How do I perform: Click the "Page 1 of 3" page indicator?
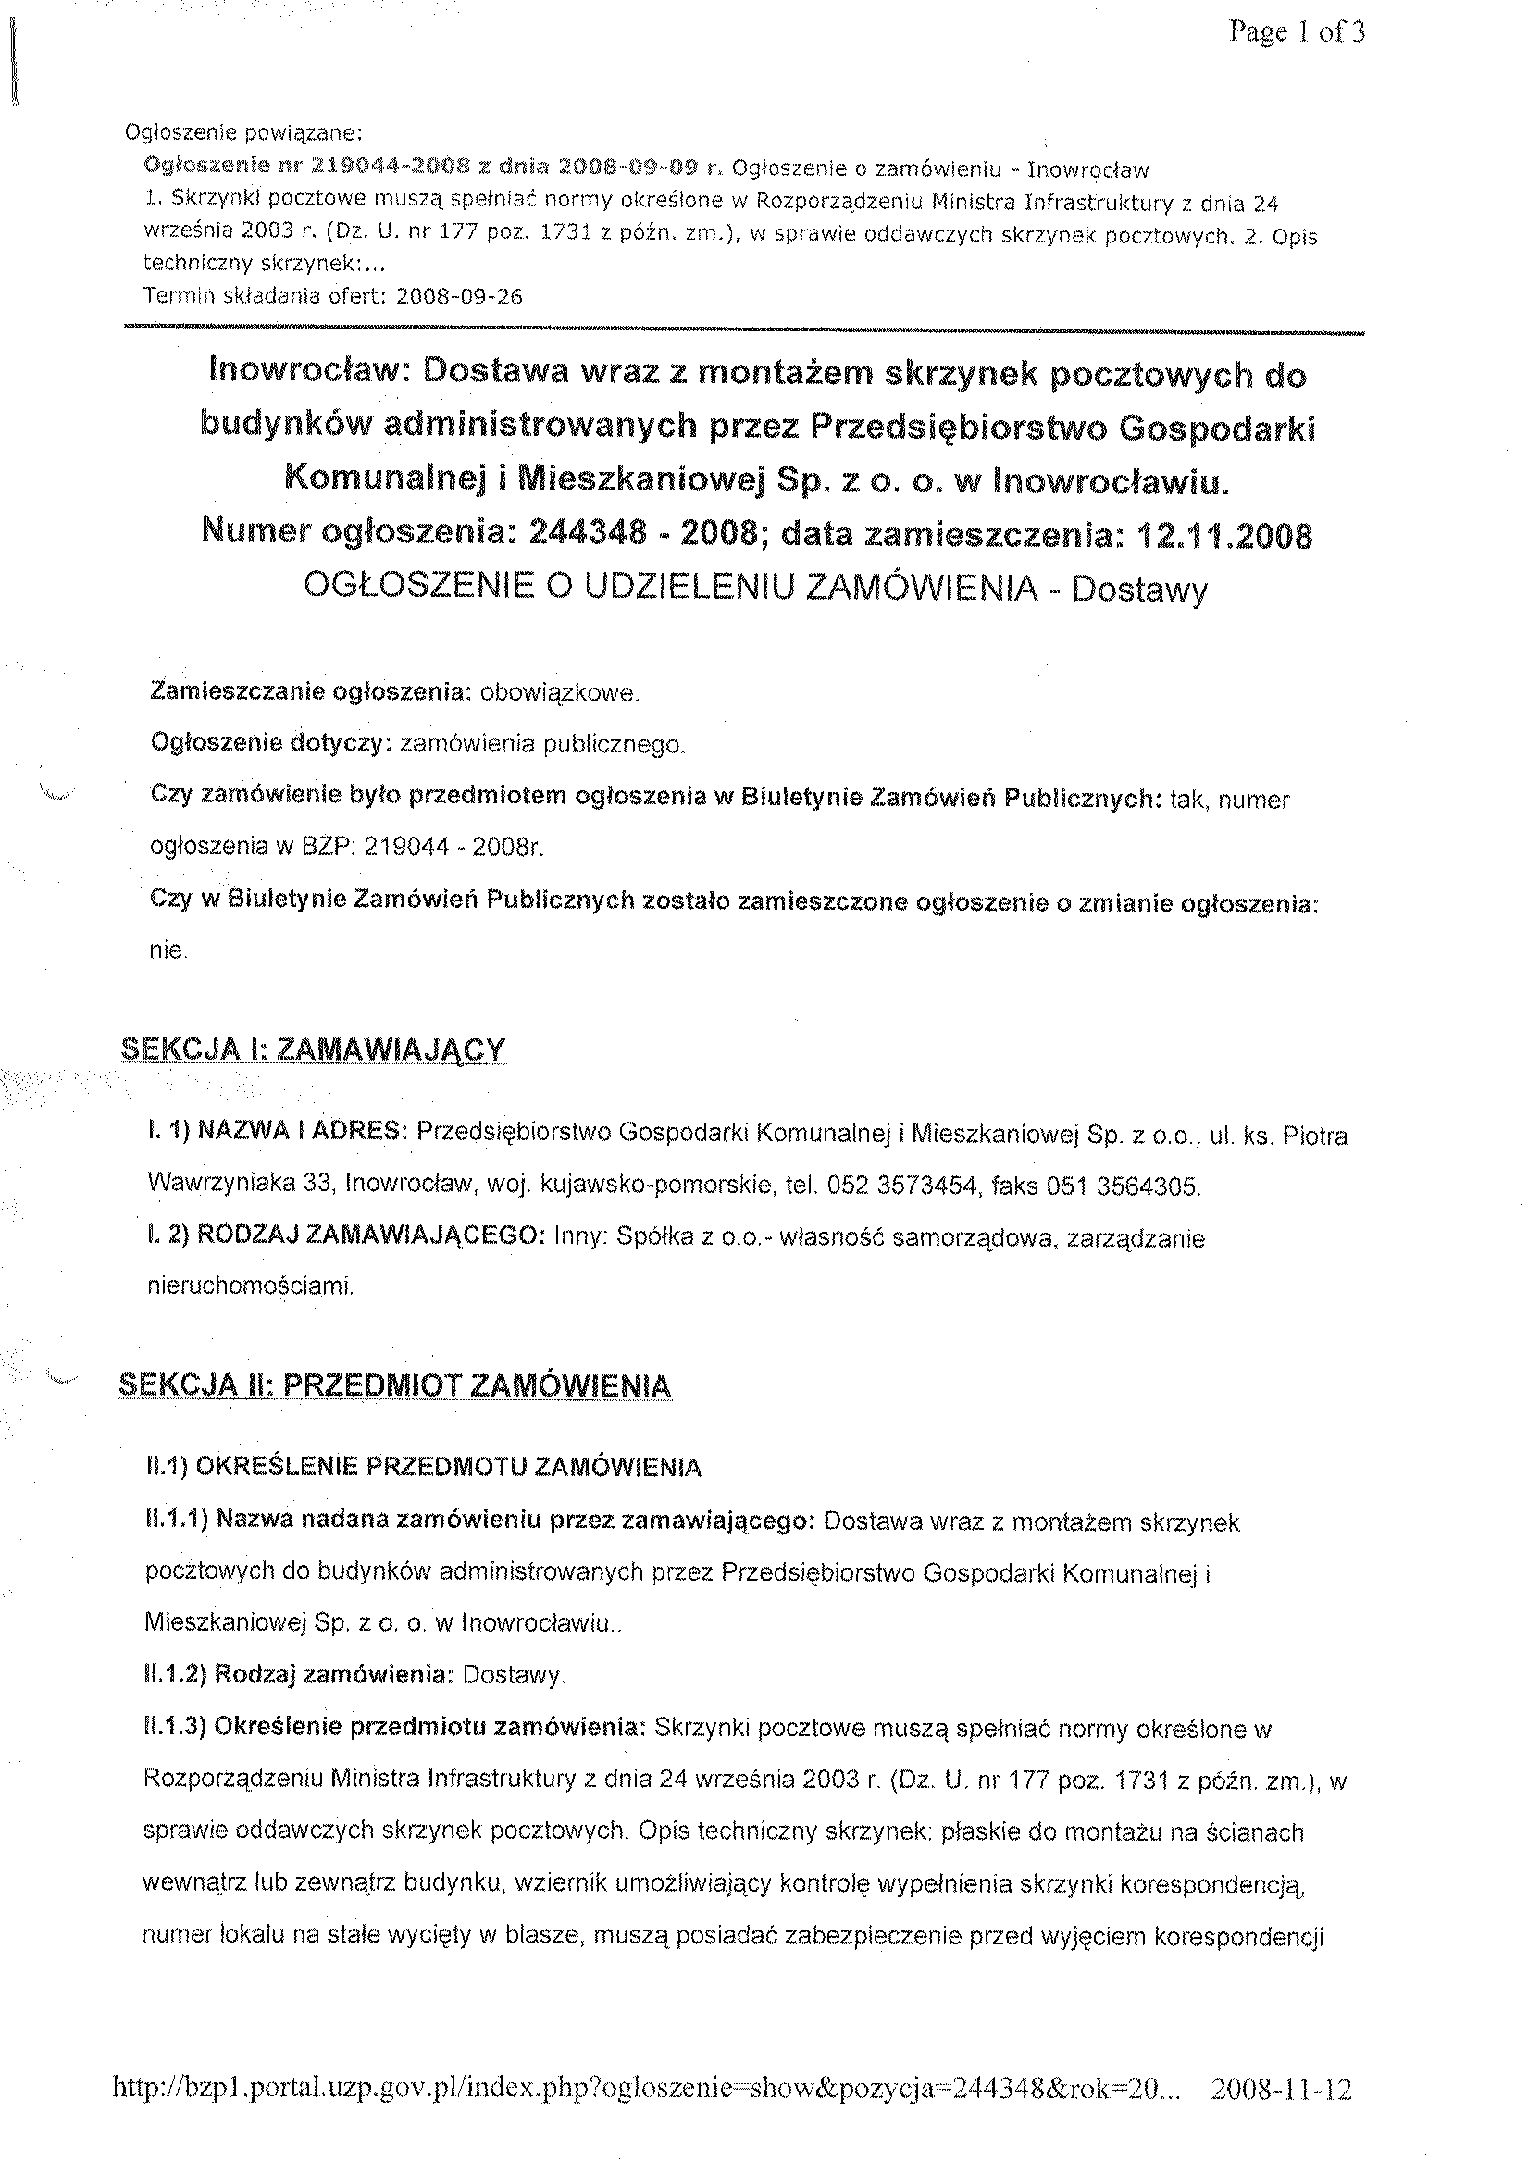[x=1297, y=33]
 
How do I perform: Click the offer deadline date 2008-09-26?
[x=459, y=297]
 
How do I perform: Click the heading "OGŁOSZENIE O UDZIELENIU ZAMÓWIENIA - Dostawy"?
[x=756, y=589]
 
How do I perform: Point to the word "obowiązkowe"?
[x=560, y=693]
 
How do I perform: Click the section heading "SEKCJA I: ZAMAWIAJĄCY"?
[x=314, y=1049]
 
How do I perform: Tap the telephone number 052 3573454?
[x=916, y=1186]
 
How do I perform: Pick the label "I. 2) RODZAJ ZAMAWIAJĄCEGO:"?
[x=345, y=1237]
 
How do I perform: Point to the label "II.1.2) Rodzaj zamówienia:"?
[x=296, y=1675]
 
